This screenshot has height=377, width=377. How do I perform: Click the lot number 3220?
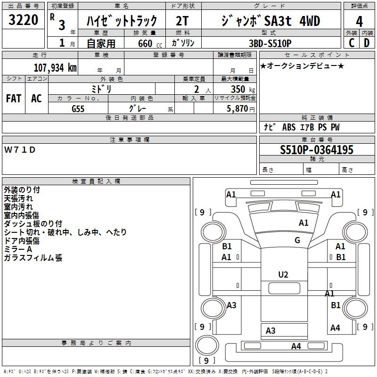(23, 20)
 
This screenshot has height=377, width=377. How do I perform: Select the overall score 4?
(359, 22)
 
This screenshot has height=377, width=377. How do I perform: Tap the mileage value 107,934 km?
(55, 67)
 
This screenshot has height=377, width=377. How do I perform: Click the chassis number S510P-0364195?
(316, 150)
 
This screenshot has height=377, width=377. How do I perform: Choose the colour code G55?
(78, 108)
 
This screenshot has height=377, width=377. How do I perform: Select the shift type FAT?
(14, 98)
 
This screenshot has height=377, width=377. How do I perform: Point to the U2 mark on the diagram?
(283, 275)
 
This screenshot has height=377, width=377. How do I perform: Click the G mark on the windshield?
(297, 240)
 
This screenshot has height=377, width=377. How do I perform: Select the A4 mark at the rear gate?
(296, 346)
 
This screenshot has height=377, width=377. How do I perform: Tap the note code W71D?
(20, 150)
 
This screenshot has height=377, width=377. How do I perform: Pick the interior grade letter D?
(366, 43)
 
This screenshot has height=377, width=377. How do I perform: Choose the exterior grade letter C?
(351, 43)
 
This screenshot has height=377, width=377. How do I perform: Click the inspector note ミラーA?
(18, 249)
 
